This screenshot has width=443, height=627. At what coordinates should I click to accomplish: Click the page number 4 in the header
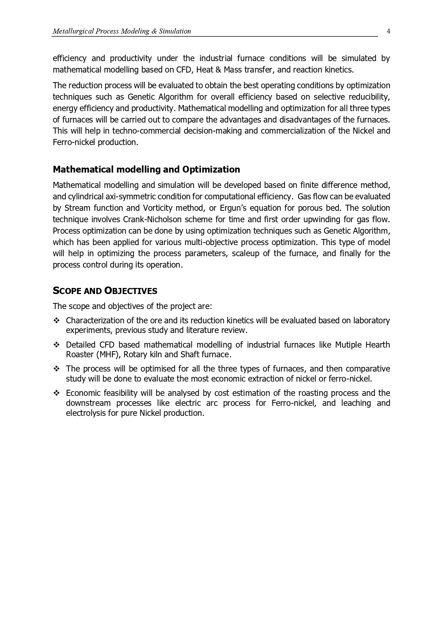pyautogui.click(x=388, y=31)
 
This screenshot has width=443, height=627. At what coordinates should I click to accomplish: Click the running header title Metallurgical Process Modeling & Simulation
pyautogui.click(x=122, y=31)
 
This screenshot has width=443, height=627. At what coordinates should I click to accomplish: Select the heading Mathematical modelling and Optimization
pyautogui.click(x=146, y=169)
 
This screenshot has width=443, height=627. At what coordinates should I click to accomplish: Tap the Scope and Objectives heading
pyautogui.click(x=105, y=291)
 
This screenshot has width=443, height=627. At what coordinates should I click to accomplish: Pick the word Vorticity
pyautogui.click(x=157, y=208)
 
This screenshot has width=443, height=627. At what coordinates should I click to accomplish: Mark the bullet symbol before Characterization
pyautogui.click(x=56, y=320)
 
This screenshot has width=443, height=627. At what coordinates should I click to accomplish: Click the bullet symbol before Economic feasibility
pyautogui.click(x=56, y=393)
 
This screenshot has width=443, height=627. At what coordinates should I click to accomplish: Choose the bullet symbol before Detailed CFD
pyautogui.click(x=56, y=345)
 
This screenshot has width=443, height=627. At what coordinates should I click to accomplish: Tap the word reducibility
pyautogui.click(x=369, y=97)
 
